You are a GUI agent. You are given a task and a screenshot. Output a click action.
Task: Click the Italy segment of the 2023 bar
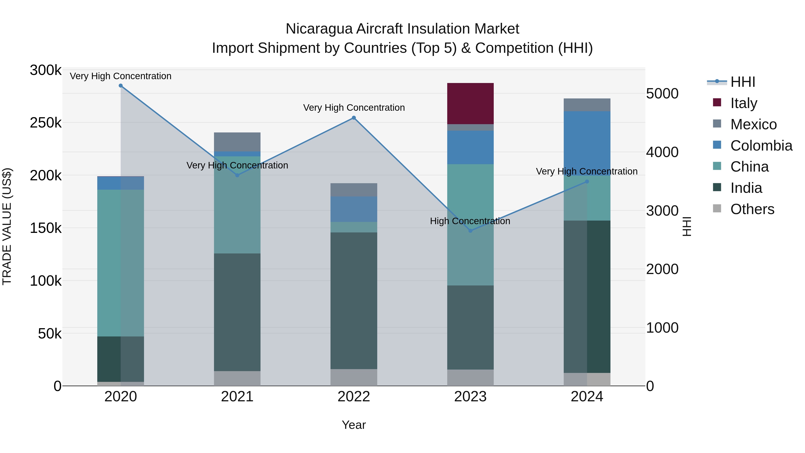tap(470, 104)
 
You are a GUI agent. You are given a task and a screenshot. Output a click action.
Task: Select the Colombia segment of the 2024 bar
tap(587, 143)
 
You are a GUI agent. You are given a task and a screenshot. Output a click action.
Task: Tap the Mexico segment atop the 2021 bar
tap(237, 142)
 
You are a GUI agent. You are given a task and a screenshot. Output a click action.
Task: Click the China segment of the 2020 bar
tap(121, 263)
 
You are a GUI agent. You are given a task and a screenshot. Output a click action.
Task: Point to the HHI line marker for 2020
tap(121, 86)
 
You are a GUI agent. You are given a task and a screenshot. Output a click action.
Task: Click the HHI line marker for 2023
tap(470, 231)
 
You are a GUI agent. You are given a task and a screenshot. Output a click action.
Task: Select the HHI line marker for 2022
tap(354, 118)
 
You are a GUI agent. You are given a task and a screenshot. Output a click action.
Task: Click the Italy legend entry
tap(744, 103)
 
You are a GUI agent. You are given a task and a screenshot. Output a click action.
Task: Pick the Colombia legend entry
tap(761, 145)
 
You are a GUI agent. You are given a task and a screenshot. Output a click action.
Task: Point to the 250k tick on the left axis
tap(46, 123)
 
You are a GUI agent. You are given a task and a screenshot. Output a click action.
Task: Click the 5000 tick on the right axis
tap(662, 94)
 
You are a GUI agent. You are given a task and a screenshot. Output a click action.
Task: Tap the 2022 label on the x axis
tap(354, 397)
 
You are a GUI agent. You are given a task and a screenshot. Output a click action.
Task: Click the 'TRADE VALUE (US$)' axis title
tap(7, 226)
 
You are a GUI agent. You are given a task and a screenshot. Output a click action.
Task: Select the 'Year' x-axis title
tap(354, 425)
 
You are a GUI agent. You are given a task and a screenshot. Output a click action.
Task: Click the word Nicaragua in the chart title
tap(318, 29)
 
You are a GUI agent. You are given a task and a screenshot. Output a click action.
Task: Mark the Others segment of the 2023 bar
tap(470, 378)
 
